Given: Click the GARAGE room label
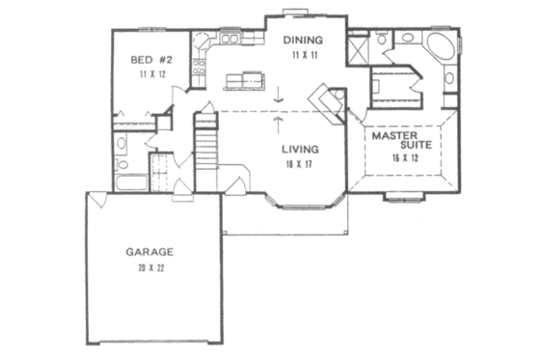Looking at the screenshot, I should click(x=148, y=252).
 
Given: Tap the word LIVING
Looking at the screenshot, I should click(x=302, y=150).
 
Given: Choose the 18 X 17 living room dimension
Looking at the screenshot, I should click(x=302, y=164).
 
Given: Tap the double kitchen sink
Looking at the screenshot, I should click(x=230, y=40).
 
